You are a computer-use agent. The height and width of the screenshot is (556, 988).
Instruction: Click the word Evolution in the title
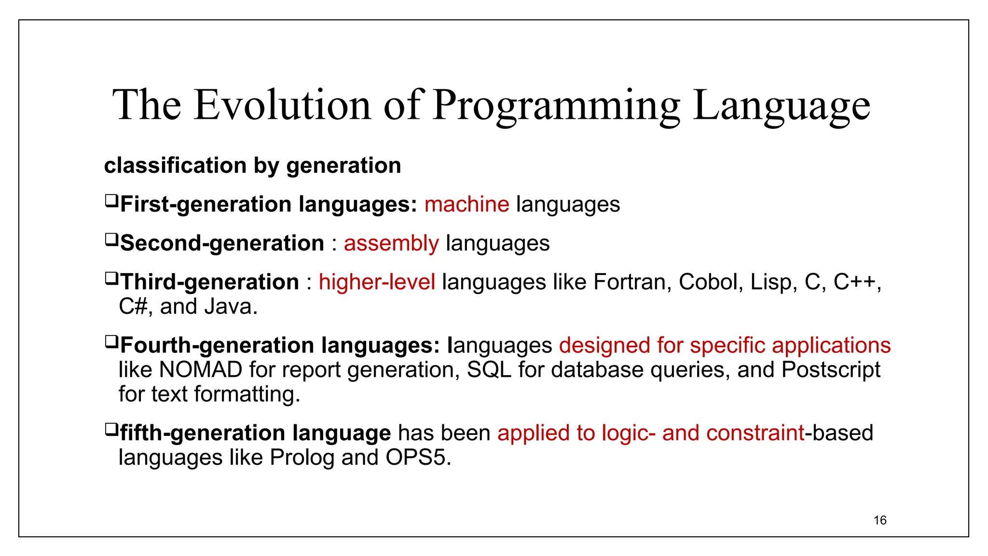[x=282, y=105]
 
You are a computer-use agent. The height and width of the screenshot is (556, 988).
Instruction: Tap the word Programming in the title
[x=556, y=105]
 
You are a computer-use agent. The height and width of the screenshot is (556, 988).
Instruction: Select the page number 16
[x=880, y=520]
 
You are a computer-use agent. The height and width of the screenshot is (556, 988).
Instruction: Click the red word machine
[x=467, y=204]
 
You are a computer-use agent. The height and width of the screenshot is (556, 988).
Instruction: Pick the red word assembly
[x=391, y=243]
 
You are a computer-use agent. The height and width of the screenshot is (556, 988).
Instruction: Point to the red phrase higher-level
[x=377, y=282]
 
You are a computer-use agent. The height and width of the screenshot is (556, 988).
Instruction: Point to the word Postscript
[x=831, y=370]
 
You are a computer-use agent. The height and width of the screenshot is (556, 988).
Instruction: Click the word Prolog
[x=302, y=458]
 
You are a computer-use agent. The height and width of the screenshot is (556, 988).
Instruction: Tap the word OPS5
[x=418, y=458]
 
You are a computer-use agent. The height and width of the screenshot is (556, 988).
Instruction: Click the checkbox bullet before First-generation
[x=111, y=200]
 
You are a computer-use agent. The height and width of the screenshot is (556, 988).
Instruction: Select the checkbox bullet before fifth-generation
[x=111, y=429]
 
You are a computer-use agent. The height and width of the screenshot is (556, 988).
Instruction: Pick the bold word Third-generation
[x=209, y=282]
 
